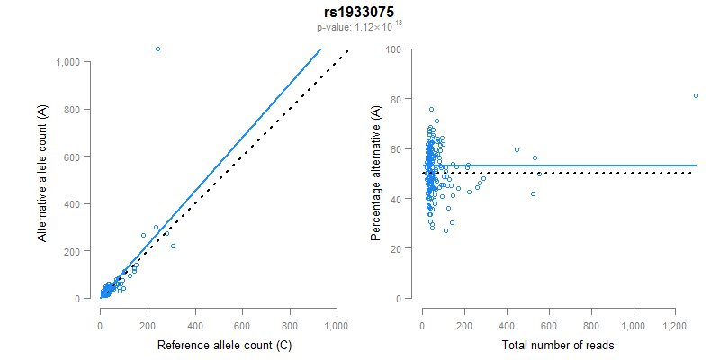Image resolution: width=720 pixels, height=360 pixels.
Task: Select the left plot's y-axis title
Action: pyautogui.click(x=42, y=173)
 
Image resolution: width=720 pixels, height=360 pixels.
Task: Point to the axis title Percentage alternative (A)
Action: pyautogui.click(x=377, y=173)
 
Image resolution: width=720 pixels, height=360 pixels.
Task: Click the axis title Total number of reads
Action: pyautogui.click(x=557, y=346)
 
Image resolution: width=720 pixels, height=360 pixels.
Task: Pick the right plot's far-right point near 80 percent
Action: pyautogui.click(x=696, y=95)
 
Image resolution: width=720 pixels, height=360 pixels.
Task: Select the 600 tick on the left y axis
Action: pyautogui.click(x=76, y=157)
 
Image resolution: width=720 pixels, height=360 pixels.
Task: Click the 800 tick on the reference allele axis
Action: pyautogui.click(x=290, y=325)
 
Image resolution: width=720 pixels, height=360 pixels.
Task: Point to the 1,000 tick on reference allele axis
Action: pyautogui.click(x=337, y=325)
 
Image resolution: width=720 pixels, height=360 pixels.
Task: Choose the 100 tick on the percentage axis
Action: pyautogui.click(x=392, y=49)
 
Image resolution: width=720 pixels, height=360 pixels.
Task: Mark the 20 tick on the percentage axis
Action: pyautogui.click(x=395, y=248)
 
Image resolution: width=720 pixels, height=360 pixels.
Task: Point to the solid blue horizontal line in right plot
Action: pyautogui.click(x=585, y=166)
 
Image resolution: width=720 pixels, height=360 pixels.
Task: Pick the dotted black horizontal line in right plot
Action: pyautogui.click(x=585, y=173)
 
